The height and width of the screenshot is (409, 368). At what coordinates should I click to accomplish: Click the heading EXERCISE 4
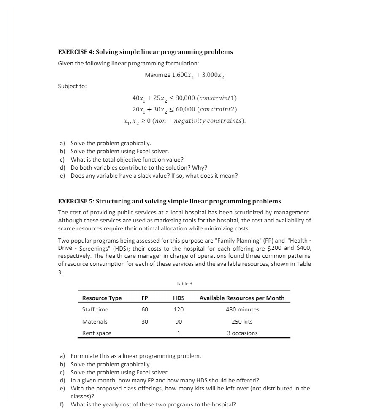145,52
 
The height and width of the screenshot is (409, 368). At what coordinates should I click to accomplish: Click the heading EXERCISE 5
169,201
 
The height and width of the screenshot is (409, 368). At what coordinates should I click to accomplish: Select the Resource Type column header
102,298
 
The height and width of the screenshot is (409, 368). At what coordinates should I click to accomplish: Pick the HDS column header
179,298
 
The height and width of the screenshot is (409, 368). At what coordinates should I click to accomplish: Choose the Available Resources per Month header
242,298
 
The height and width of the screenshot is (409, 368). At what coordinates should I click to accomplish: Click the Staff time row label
95,309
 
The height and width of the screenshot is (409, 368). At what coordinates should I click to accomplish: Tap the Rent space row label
97,333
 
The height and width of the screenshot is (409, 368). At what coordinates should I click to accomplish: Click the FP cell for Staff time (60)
144,309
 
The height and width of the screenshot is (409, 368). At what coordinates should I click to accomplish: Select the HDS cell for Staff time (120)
179,309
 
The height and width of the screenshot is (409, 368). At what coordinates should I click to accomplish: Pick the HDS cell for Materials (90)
179,322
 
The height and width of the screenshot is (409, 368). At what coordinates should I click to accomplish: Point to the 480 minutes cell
242,309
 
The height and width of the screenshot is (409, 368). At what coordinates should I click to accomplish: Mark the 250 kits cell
242,322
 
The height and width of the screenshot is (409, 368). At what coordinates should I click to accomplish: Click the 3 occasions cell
242,333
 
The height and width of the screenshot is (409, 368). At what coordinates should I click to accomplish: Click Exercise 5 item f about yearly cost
153,404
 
